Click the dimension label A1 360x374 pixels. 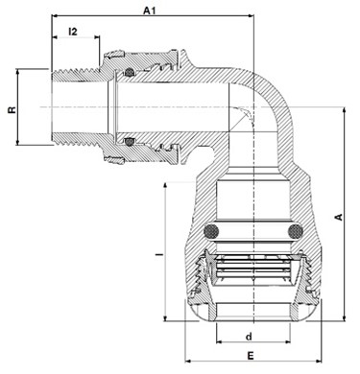point(149,11)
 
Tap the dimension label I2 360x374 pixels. point(73,32)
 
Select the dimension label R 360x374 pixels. point(12,109)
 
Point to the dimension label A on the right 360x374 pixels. point(338,217)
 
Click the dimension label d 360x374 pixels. point(249,337)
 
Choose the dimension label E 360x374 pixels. point(251,356)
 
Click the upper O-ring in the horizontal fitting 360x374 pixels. point(129,73)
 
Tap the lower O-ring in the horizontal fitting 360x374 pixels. point(129,141)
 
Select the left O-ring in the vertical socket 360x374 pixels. point(211,231)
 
